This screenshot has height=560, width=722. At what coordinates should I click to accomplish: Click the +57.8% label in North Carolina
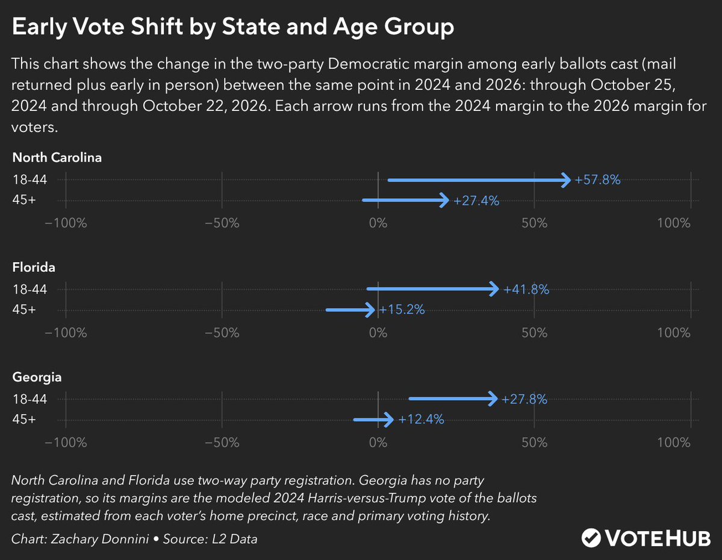[x=597, y=180]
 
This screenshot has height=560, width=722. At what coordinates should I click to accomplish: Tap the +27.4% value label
[x=476, y=201]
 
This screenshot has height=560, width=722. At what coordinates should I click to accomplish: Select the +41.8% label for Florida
[x=526, y=289]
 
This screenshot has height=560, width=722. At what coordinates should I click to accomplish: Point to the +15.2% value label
[x=402, y=309]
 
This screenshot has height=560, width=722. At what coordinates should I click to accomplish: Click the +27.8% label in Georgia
[x=524, y=399]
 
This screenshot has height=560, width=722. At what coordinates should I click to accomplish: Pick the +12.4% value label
[x=421, y=420]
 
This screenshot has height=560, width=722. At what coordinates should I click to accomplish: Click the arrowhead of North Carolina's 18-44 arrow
[x=567, y=180]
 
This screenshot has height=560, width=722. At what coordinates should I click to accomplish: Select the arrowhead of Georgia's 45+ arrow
[x=388, y=420]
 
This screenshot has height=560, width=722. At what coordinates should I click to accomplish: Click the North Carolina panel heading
[x=57, y=157]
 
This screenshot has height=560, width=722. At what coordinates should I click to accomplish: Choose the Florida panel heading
[x=34, y=267]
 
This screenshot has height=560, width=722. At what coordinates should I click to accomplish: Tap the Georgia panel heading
[x=37, y=377]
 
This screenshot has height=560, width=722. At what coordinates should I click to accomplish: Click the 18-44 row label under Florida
[x=30, y=289]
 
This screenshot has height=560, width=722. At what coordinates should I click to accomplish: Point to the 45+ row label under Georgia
[x=24, y=420]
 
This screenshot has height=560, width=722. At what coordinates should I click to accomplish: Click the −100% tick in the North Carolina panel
[x=66, y=223]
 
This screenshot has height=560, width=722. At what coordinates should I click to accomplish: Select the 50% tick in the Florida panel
[x=534, y=333]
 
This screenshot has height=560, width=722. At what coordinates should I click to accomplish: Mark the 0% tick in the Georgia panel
[x=378, y=442]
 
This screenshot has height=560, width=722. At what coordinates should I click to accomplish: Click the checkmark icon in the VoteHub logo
[x=591, y=538]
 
